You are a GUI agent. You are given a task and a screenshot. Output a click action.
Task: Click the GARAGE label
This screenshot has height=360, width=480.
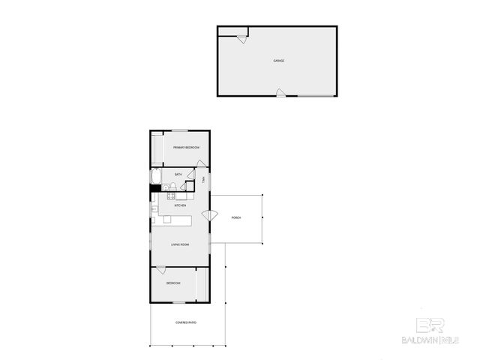coord(278,61)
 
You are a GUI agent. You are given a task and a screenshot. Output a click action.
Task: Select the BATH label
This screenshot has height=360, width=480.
coord(178,175)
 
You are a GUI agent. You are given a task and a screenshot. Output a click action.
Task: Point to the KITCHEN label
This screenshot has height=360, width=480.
coord(180,205)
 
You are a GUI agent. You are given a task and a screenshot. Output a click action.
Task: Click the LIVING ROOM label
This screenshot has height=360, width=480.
coord(179,244)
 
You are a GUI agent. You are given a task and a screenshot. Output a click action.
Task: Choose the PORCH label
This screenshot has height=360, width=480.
coord(236,217)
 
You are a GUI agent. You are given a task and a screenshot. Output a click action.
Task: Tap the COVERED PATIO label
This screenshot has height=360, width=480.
coord(186,322)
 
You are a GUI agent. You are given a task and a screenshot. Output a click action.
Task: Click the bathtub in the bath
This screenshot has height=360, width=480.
coord(155,177)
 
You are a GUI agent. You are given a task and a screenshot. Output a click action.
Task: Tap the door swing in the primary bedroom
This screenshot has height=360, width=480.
coord(201,164)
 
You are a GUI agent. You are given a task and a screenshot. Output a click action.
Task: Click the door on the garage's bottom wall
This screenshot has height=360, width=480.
coord(280,93)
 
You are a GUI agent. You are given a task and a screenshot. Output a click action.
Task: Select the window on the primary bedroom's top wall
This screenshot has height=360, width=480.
coord(180,131)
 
